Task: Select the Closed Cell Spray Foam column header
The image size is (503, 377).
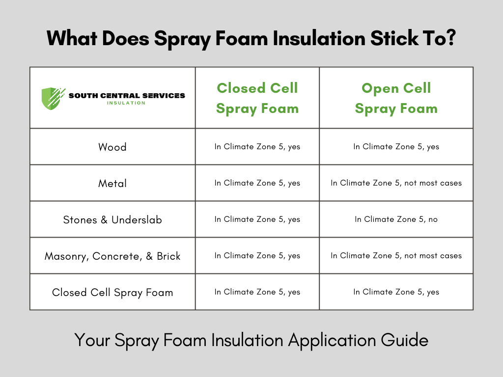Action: pos(257,98)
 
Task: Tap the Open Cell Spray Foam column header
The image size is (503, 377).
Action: pos(396,98)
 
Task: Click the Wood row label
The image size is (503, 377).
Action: pos(112,147)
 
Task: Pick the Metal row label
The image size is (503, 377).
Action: pos(112,183)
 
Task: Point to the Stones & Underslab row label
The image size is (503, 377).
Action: pos(112,219)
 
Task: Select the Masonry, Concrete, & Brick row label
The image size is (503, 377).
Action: pos(112,256)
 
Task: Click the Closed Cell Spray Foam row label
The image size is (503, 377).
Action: pos(112,293)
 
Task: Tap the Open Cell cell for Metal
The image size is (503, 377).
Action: pos(396,183)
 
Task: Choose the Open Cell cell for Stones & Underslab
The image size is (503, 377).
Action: pos(396,219)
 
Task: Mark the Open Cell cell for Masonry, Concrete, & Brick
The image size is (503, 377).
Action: pos(396,256)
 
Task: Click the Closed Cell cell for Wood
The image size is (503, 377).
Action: pos(257,147)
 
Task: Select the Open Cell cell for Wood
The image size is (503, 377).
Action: pos(396,147)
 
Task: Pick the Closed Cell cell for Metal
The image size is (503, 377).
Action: pos(257,183)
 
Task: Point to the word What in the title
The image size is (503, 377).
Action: pos(72,38)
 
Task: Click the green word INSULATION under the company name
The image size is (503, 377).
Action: pos(126,103)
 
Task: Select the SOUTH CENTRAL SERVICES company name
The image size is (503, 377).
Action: pos(127,95)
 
